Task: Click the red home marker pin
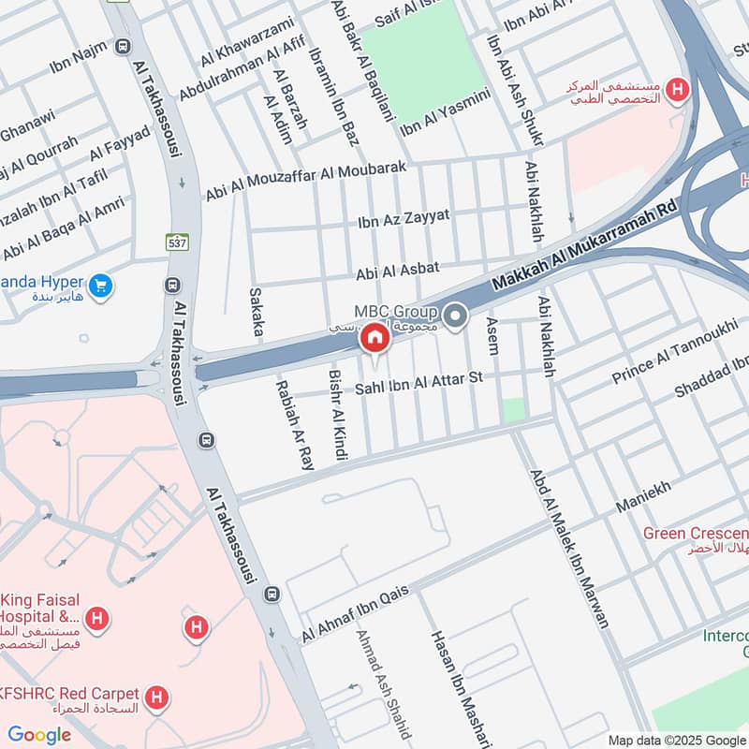[x=374, y=338]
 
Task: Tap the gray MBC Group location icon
[x=455, y=317]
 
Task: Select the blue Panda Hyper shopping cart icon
[x=102, y=284]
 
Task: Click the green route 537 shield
[x=177, y=242]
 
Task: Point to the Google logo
[x=38, y=735]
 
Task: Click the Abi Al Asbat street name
[x=397, y=272]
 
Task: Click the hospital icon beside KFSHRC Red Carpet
[x=157, y=697]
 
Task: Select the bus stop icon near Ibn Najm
[x=121, y=46]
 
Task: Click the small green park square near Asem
[x=513, y=409]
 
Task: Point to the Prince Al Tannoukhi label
[x=674, y=351]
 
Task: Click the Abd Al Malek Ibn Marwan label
[x=570, y=549]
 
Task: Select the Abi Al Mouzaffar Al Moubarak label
[x=305, y=180]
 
